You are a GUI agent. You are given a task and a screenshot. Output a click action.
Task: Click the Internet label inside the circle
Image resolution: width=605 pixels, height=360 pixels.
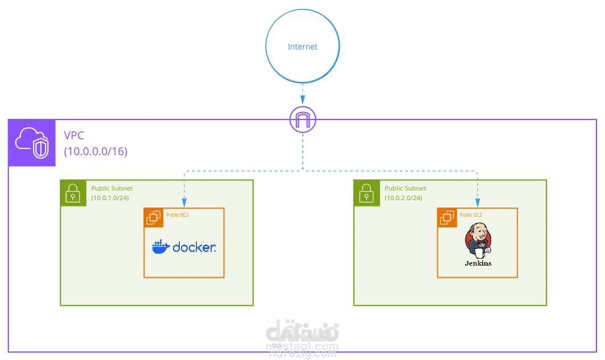pos(302,46)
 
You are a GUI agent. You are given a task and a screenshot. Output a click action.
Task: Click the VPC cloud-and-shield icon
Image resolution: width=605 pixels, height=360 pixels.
pos(32,143)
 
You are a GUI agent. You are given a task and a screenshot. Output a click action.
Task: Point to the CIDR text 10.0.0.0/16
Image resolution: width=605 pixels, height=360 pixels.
pos(95,152)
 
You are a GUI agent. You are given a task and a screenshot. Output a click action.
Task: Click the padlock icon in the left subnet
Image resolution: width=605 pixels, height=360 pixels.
pos(72,193)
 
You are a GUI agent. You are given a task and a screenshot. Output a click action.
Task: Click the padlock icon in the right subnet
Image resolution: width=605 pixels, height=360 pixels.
pos(365,193)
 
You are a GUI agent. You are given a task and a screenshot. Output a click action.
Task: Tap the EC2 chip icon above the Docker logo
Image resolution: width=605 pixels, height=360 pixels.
pos(154,217)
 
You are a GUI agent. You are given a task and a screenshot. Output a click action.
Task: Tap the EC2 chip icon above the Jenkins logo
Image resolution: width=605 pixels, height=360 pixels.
pos(447,217)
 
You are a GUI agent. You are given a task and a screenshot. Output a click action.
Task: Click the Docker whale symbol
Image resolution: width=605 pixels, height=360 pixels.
pos(160,246)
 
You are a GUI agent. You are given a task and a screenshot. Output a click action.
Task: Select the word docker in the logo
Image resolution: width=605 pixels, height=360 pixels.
pos(194,247)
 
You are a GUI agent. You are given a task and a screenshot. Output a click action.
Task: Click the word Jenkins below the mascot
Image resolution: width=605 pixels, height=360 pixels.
pos(478,263)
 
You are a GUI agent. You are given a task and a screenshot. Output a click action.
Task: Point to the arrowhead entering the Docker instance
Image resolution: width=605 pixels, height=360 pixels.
pos(184,203)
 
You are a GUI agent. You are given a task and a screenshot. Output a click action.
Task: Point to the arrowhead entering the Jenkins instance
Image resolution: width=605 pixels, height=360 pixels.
pos(477,203)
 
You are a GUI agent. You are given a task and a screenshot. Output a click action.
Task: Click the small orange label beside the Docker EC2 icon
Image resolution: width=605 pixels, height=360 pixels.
pos(177,215)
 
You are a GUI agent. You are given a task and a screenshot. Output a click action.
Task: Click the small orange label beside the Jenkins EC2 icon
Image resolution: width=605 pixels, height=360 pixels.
pos(471,215)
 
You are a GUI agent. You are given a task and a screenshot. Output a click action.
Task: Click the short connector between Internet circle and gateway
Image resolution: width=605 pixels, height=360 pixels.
pos(302,94)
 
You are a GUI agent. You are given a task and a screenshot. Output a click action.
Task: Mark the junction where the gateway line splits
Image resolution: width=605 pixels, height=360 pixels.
pos(302,169)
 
